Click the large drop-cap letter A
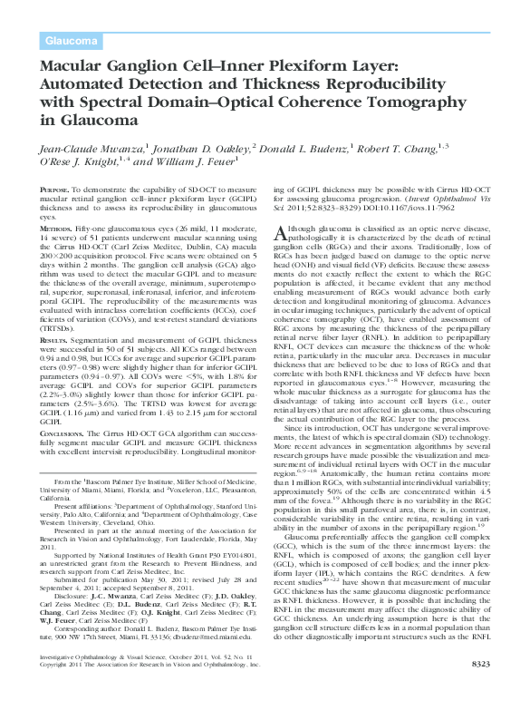(x=280, y=234)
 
